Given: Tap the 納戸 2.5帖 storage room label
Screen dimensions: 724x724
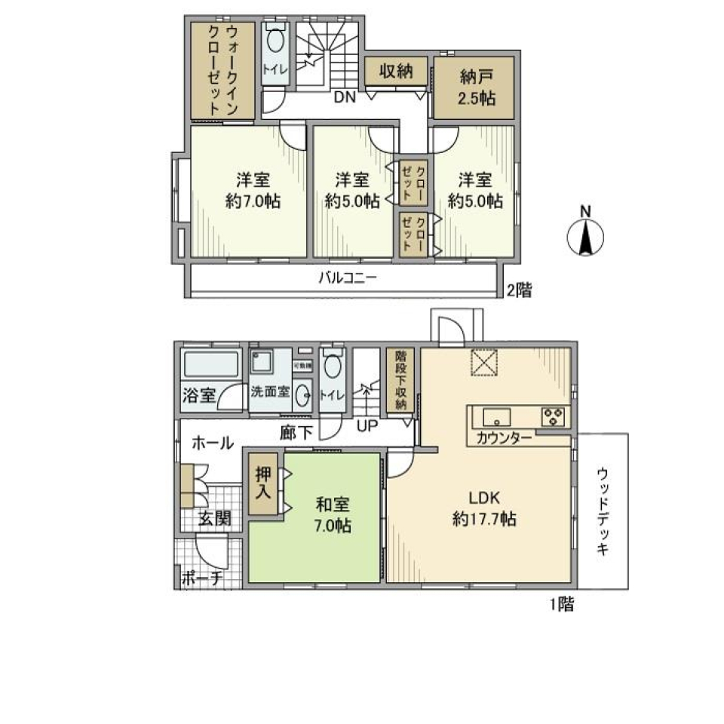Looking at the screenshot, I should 475,87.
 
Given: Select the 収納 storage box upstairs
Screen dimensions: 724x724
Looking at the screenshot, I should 395,72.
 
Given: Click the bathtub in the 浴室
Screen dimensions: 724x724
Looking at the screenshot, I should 211,367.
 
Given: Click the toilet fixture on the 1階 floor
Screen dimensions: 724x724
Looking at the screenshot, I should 333,367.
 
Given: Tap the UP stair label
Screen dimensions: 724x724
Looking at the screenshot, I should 367,425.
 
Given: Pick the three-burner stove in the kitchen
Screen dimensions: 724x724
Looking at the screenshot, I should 553,416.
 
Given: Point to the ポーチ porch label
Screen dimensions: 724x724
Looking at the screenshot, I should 201,578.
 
